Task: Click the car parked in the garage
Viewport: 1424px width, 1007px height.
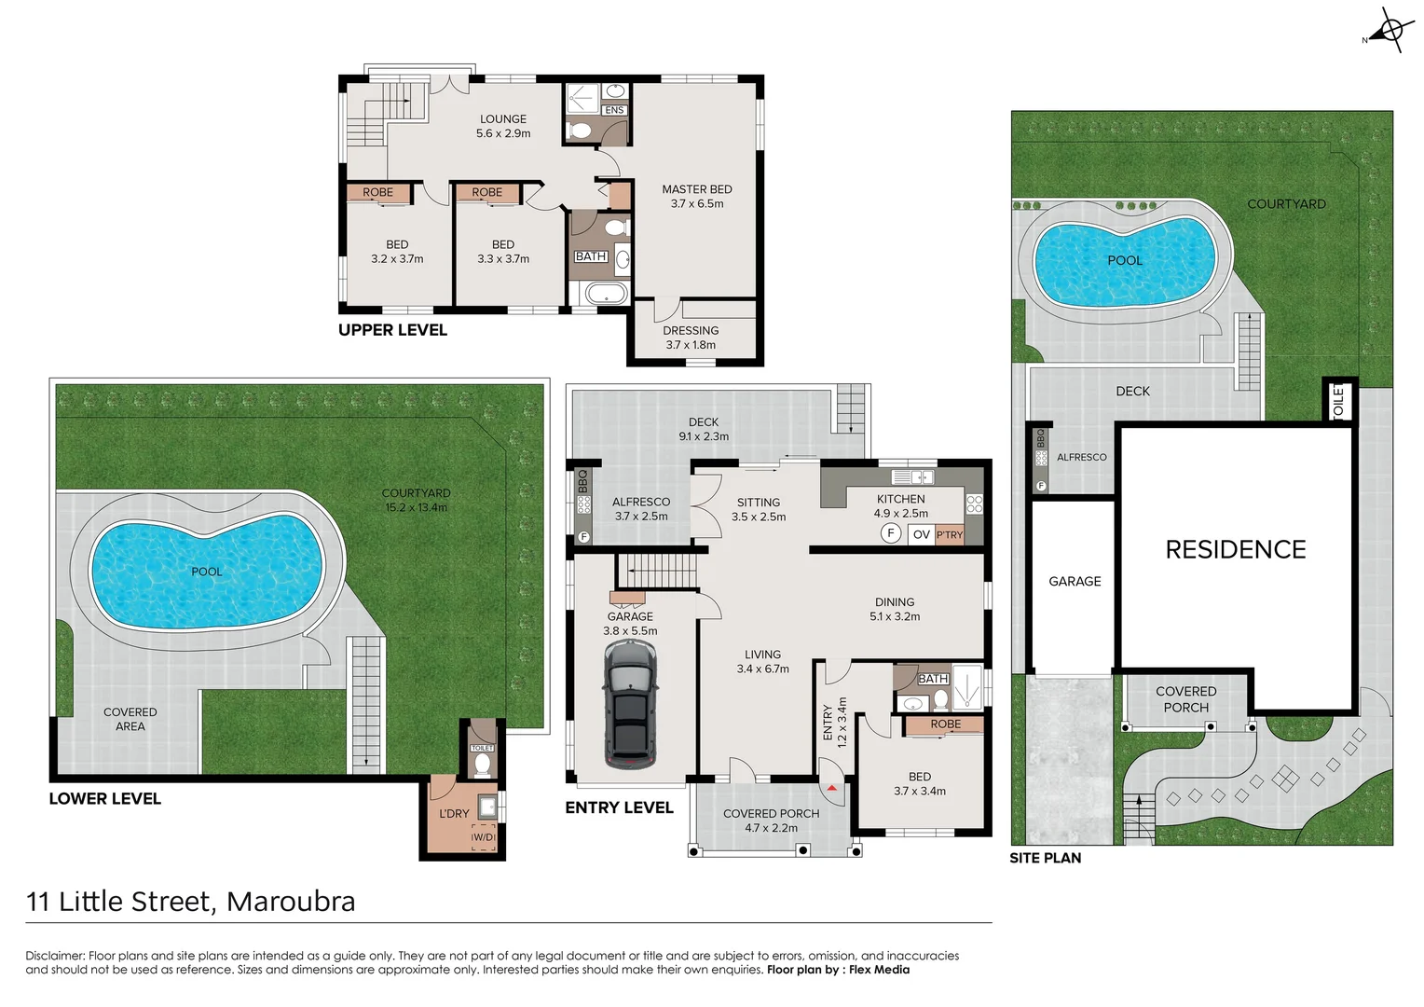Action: [630, 705]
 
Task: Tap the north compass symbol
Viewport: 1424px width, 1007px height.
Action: [1389, 31]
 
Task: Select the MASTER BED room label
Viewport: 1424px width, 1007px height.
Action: [696, 189]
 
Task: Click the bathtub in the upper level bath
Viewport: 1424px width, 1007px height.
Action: [606, 295]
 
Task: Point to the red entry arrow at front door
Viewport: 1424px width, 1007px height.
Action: [831, 788]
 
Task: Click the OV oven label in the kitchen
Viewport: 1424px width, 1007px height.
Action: [922, 534]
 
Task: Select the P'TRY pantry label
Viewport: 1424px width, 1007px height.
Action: [950, 534]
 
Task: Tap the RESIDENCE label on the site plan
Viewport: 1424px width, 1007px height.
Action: [1235, 550]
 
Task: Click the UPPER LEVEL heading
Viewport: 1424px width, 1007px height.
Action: [392, 330]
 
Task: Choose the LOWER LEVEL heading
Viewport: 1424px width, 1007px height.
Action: [104, 799]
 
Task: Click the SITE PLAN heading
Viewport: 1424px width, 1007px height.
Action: [1045, 858]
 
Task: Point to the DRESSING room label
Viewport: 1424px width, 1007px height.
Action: [691, 331]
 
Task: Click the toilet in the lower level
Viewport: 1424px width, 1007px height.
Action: [482, 765]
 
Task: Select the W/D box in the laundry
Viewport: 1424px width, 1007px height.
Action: [483, 836]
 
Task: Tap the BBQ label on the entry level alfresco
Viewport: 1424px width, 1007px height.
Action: [583, 481]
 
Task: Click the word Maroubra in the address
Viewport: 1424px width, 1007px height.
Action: [291, 902]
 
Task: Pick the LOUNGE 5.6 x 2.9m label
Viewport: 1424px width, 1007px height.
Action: [503, 126]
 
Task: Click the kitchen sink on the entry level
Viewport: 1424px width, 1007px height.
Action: [913, 477]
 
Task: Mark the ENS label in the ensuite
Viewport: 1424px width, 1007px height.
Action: [614, 110]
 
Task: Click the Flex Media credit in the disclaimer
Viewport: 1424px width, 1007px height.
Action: [879, 970]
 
